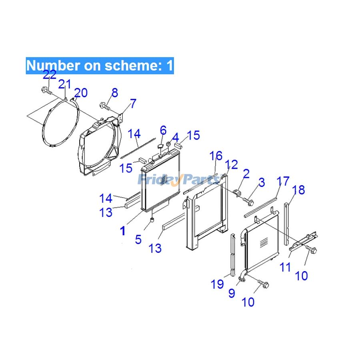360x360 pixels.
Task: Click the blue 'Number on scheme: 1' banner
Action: pyautogui.click(x=100, y=65)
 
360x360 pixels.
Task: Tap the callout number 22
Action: pyautogui.click(x=50, y=74)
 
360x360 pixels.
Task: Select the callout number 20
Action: pyautogui.click(x=80, y=93)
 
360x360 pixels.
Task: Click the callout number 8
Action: pyautogui.click(x=115, y=93)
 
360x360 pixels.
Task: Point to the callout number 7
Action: pyautogui.click(x=133, y=103)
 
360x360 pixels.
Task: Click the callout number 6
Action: pyautogui.click(x=163, y=130)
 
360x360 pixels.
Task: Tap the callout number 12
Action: pyautogui.click(x=231, y=164)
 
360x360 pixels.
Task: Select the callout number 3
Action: pyautogui.click(x=261, y=183)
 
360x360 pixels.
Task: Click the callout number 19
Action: pyautogui.click(x=217, y=284)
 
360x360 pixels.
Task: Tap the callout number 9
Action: pyautogui.click(x=232, y=293)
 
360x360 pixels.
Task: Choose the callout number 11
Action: pyautogui.click(x=285, y=267)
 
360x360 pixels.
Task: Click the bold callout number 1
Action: pyautogui.click(x=123, y=231)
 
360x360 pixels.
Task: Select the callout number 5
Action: pyautogui.click(x=138, y=240)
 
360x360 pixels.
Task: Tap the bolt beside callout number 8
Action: pyautogui.click(x=105, y=106)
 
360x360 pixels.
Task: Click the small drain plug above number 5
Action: pyautogui.click(x=152, y=221)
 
